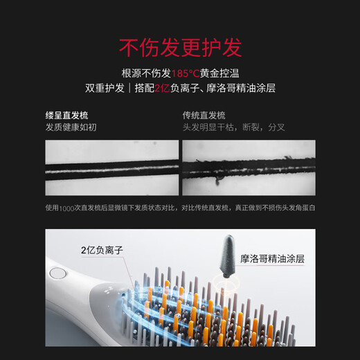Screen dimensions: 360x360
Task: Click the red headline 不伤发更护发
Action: tap(180, 47)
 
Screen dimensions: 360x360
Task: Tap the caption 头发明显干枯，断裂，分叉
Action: tap(233, 127)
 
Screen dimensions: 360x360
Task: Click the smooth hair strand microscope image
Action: tap(111, 168)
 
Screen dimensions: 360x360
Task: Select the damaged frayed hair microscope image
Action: tap(249, 168)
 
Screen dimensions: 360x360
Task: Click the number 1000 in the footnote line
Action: tap(67, 207)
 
